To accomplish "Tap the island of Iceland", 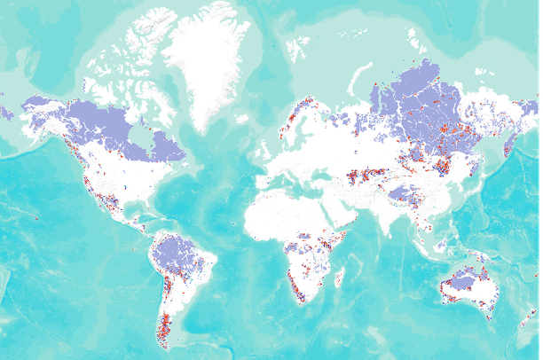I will click(x=242, y=118).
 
